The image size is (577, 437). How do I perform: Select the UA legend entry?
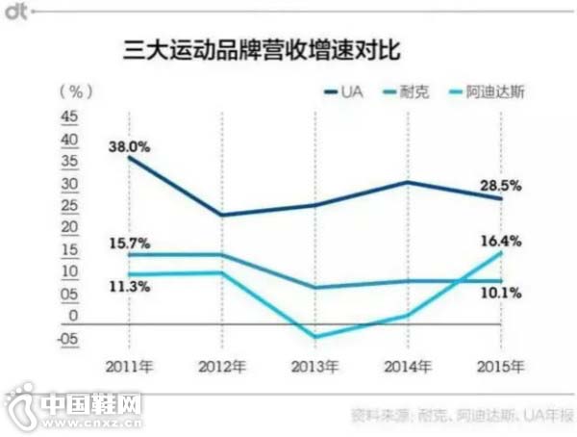pyautogui.click(x=352, y=92)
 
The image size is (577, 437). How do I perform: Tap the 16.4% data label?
pyautogui.click(x=502, y=242)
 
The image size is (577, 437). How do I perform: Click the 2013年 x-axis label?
pyautogui.click(x=316, y=367)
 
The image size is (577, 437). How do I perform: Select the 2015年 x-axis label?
pyautogui.click(x=502, y=367)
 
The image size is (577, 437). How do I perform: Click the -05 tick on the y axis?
pyautogui.click(x=70, y=338)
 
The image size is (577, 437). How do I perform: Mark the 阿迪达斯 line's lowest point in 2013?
pyautogui.click(x=315, y=337)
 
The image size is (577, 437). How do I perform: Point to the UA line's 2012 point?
pyautogui.click(x=222, y=215)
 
